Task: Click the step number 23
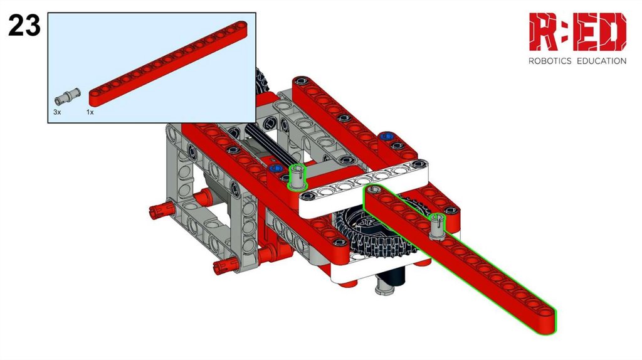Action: (x=24, y=25)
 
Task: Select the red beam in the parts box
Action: (x=168, y=64)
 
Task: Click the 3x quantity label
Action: (x=57, y=112)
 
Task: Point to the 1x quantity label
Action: (x=90, y=112)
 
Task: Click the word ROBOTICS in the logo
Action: (x=550, y=61)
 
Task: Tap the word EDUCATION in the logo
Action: (x=601, y=61)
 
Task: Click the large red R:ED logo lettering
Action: (x=577, y=31)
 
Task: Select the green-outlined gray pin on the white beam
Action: (x=298, y=177)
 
